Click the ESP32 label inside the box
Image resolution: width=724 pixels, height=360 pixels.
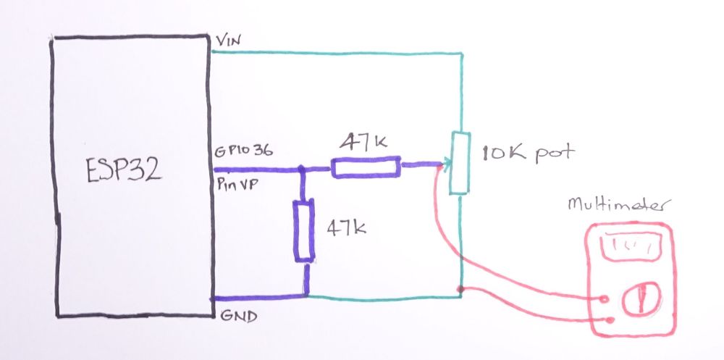tap(122, 172)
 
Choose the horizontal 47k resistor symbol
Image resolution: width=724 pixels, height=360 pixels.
tap(365, 167)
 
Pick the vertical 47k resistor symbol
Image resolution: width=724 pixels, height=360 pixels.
tap(304, 231)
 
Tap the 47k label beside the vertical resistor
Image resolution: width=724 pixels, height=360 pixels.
tap(346, 229)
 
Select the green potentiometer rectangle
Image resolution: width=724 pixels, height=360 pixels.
tap(459, 163)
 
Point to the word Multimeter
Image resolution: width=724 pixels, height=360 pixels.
tap(615, 206)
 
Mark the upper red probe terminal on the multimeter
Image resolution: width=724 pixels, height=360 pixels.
tap(605, 298)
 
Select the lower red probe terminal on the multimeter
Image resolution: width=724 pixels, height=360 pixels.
tap(613, 319)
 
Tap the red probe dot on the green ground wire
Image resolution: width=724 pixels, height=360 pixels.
tap(460, 290)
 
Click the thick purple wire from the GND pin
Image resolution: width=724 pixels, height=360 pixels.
tap(257, 297)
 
